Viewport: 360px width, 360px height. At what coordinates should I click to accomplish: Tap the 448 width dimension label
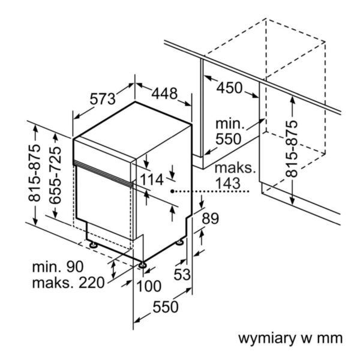click(x=164, y=94)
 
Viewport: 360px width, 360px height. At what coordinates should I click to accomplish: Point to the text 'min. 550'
click(x=229, y=131)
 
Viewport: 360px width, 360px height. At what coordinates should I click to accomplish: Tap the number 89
click(x=210, y=219)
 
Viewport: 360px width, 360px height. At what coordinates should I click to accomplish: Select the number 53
click(x=182, y=275)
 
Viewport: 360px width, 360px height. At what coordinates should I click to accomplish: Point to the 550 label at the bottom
click(x=165, y=307)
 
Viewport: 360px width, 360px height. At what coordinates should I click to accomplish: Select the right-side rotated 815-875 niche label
click(x=292, y=148)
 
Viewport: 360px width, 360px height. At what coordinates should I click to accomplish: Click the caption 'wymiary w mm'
click(x=291, y=337)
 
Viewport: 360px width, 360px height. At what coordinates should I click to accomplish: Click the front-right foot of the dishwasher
click(x=142, y=264)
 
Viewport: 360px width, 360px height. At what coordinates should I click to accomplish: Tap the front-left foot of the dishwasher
click(x=94, y=245)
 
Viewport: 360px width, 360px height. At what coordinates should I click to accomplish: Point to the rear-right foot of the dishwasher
click(x=180, y=242)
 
